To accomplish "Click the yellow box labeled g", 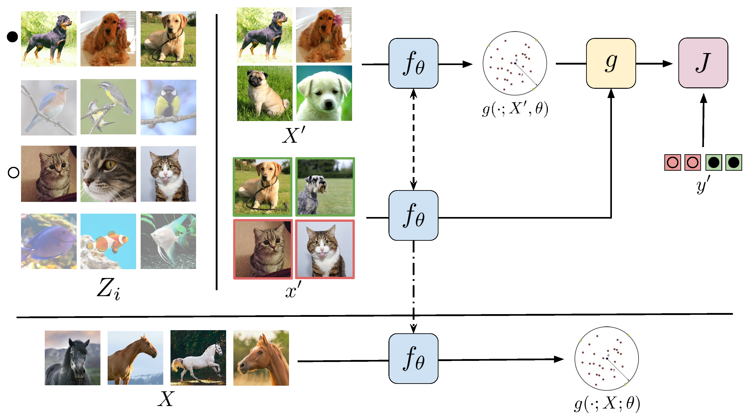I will (611, 63).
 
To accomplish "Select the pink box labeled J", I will (703, 63).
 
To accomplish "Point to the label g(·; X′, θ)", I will (515, 109).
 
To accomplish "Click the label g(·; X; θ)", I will (607, 404).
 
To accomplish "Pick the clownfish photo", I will (108, 241).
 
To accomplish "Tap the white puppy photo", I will (324, 93).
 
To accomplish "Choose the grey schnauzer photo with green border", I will (325, 187).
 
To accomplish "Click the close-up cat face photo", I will (108, 174).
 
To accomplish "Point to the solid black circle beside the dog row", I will (12, 37).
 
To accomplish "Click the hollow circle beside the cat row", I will (13, 173).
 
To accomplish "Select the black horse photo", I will (72, 358).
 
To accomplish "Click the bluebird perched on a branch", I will (49, 108).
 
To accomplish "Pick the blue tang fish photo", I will (49, 241).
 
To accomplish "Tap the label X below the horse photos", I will (166, 399).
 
